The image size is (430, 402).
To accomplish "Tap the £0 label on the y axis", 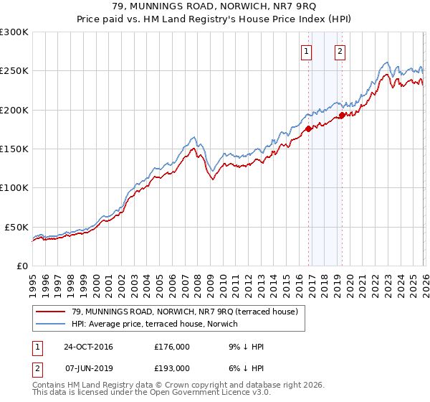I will coord(21,266).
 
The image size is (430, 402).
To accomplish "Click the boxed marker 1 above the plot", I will coord(307,51).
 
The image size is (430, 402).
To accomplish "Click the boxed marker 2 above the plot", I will coord(339,51).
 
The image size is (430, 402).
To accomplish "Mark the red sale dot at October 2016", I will coord(308,128).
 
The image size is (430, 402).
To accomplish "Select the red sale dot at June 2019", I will coord(342,115).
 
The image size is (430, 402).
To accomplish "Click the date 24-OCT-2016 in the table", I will coord(87,347).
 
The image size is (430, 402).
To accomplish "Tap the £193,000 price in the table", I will coord(172,368).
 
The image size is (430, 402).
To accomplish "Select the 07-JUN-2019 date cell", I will coord(87,368).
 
